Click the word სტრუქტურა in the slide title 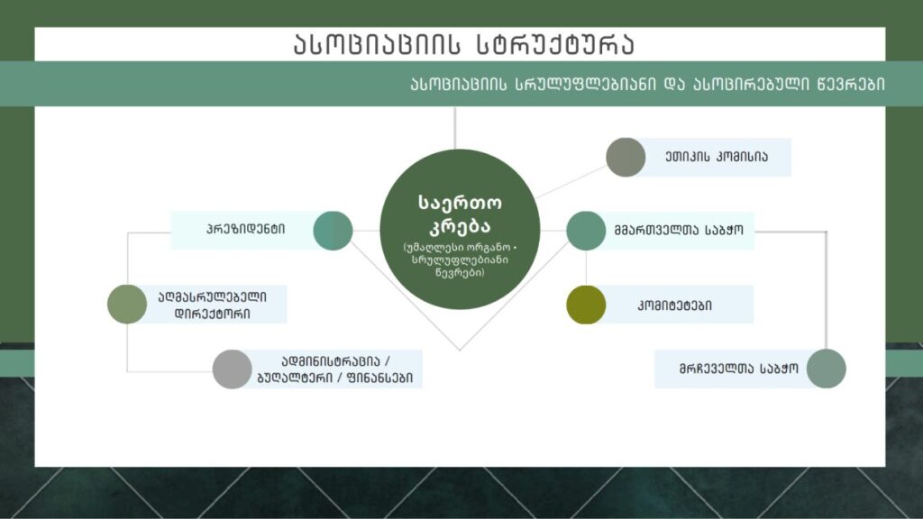555,44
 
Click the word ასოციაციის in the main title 377,44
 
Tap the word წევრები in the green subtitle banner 850,84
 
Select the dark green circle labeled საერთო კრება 460,229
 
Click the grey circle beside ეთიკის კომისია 626,157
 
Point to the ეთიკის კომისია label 717,157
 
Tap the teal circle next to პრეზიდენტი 333,231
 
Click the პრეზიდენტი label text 245,229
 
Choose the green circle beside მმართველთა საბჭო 586,231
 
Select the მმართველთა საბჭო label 679,230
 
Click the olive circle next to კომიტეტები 586,305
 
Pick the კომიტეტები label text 674,305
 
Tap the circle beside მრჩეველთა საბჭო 826,369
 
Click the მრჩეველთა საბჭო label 739,369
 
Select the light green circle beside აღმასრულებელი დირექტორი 127,305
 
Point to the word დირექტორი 213,314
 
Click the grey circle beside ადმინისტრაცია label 232,369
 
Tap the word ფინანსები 380,378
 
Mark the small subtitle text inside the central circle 460,260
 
